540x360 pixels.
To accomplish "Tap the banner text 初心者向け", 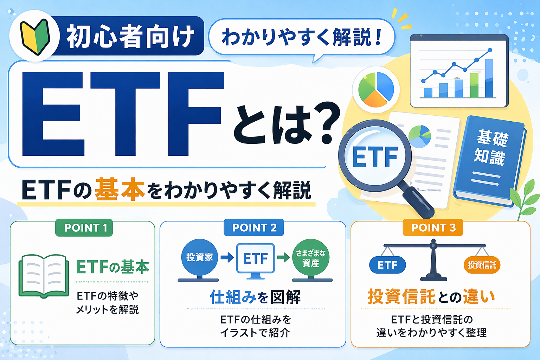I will [x=130, y=37].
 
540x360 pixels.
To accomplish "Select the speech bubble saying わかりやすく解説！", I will [x=302, y=37].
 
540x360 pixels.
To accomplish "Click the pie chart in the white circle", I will [x=376, y=89].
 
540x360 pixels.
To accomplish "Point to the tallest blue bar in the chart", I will [x=489, y=78].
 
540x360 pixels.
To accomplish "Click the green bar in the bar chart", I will [x=474, y=85].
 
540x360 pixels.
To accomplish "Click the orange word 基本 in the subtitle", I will [x=120, y=190].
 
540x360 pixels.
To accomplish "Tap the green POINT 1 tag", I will [x=84, y=228].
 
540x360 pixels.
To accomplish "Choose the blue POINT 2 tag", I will [x=254, y=228].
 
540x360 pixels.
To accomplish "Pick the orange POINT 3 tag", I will [x=433, y=228].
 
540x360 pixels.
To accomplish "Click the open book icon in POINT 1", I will [x=44, y=276].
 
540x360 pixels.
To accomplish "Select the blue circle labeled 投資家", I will [x=199, y=257].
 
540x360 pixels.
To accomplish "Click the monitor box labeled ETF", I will [x=256, y=259].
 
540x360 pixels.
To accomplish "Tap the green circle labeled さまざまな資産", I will [x=310, y=258].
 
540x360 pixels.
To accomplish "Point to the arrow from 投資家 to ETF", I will [x=227, y=258].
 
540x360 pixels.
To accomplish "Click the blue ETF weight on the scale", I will [x=387, y=265].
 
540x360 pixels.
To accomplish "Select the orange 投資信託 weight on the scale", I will [x=482, y=265].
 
